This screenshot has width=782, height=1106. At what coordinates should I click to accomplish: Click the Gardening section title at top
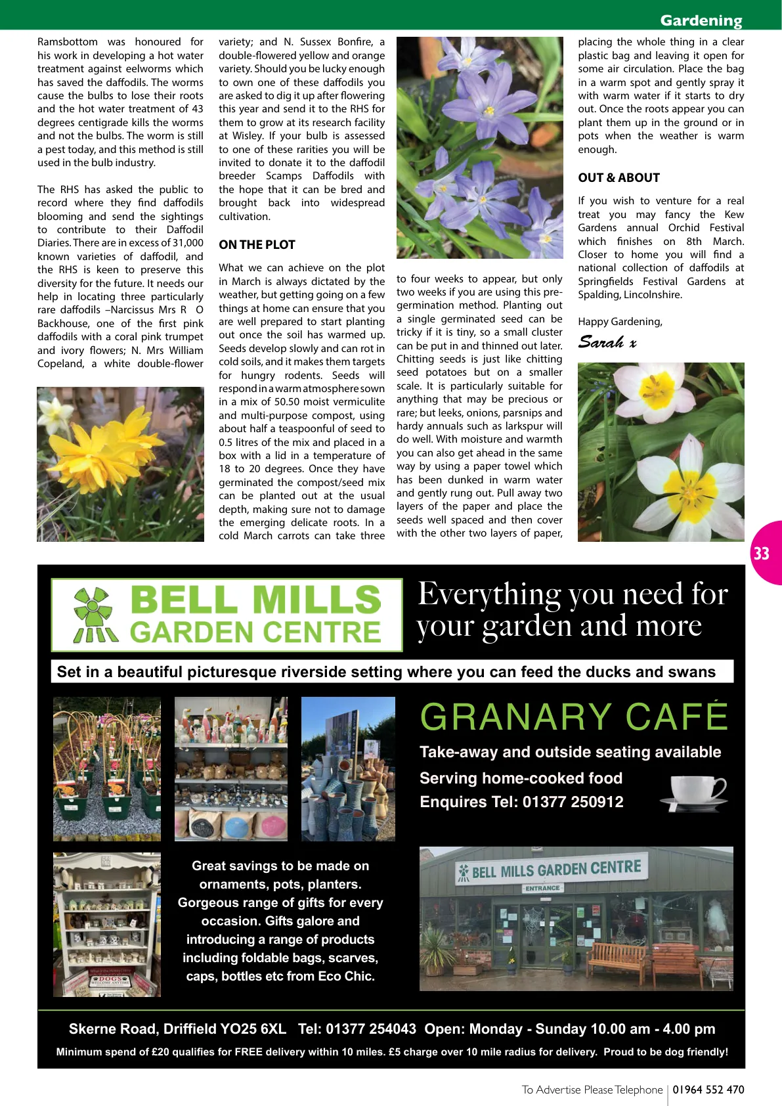701,20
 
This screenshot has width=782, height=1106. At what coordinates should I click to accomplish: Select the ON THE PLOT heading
257,245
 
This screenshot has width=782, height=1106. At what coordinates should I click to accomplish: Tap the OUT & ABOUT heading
619,178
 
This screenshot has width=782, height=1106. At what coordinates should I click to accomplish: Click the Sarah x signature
607,342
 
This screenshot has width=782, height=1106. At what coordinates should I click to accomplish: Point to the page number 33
761,554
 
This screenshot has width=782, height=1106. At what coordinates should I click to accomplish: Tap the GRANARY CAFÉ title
574,717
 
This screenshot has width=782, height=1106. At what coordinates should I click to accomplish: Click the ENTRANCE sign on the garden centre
542,888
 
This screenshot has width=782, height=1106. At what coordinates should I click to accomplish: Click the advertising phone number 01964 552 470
708,1090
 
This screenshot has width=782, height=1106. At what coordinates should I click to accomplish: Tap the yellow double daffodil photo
120,464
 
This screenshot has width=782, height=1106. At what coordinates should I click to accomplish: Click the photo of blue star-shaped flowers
479,148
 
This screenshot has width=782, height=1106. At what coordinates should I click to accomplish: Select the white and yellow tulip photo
661,452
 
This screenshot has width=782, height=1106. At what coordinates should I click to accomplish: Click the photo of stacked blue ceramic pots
348,769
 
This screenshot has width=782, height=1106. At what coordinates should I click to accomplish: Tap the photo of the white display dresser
107,924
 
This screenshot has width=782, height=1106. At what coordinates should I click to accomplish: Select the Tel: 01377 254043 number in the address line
357,1029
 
